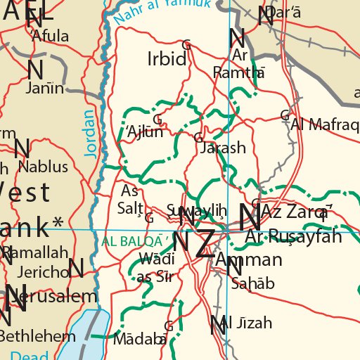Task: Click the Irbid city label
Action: pyautogui.click(x=167, y=58)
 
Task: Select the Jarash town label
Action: pyautogui.click(x=222, y=148)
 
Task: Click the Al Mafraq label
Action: pyautogui.click(x=325, y=124)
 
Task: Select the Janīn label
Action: pyautogui.click(x=44, y=88)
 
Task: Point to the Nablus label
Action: pyautogui.click(x=43, y=167)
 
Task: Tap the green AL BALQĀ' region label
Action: pyautogui.click(x=135, y=240)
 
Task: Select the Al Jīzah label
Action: pyautogui.click(x=246, y=323)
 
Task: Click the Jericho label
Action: pyautogui.click(x=44, y=271)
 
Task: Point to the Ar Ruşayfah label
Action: pyautogui.click(x=294, y=236)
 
